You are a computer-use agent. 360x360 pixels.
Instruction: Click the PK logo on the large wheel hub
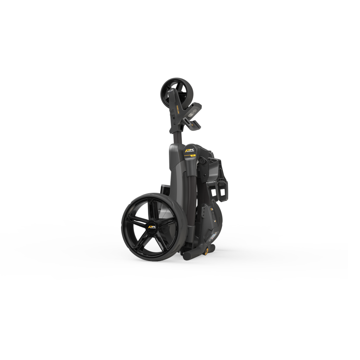click(x=152, y=227)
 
